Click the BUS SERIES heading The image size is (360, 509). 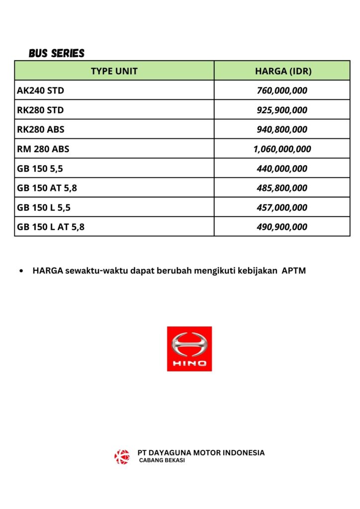(x=57, y=53)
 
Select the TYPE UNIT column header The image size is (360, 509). (x=114, y=71)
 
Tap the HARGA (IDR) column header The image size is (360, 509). (x=283, y=71)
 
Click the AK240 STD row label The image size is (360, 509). (x=40, y=90)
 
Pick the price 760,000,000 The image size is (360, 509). (x=282, y=90)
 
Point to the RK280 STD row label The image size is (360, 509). (x=40, y=110)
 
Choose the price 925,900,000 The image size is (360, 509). (x=282, y=110)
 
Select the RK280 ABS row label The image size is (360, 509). (x=41, y=129)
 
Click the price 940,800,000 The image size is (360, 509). (x=282, y=129)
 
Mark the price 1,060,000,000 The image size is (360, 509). (x=282, y=149)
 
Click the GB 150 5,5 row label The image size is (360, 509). (x=40, y=169)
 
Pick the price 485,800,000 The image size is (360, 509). (x=282, y=188)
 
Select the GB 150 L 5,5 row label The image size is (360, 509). (x=44, y=207)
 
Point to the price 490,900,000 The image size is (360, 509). (x=282, y=227)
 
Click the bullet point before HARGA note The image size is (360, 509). (x=21, y=271)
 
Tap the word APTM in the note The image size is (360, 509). (x=293, y=271)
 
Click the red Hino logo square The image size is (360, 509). (x=189, y=348)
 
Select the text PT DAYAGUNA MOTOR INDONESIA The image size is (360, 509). (x=201, y=452)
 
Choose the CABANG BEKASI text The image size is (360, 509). (x=162, y=461)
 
